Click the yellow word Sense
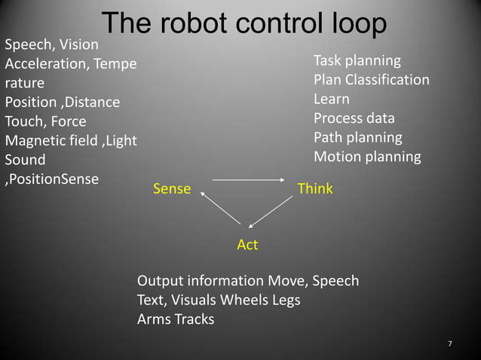click(x=172, y=189)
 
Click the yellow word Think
click(x=315, y=188)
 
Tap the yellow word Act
click(x=247, y=245)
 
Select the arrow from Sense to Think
click(x=247, y=180)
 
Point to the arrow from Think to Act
click(x=271, y=212)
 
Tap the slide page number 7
click(x=450, y=344)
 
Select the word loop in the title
click(x=358, y=23)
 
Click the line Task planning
click(x=357, y=60)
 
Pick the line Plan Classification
click(x=372, y=80)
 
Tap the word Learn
click(x=332, y=99)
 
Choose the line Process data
click(x=354, y=118)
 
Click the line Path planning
click(x=358, y=138)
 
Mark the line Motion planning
click(x=367, y=157)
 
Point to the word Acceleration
click(x=46, y=63)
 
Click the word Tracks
click(x=195, y=319)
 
